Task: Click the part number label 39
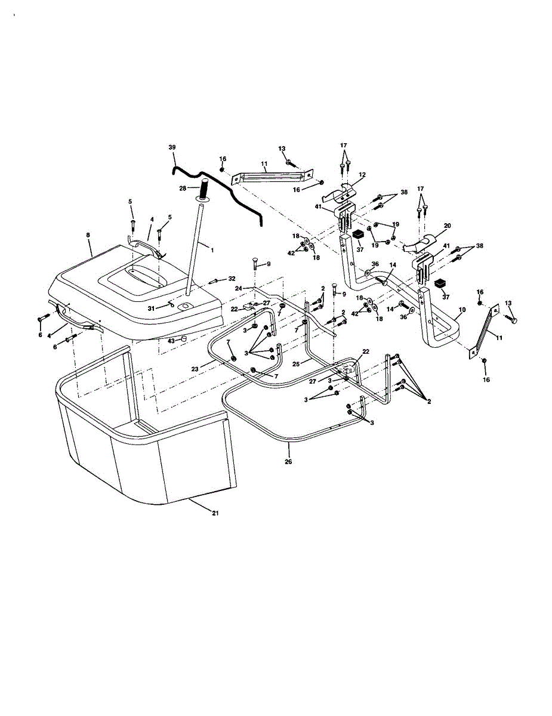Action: [172, 147]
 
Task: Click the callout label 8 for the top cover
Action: [88, 236]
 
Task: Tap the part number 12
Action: [362, 174]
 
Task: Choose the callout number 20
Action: [447, 226]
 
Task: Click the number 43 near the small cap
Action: [171, 341]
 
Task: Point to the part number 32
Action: [231, 279]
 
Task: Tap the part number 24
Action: [238, 288]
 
